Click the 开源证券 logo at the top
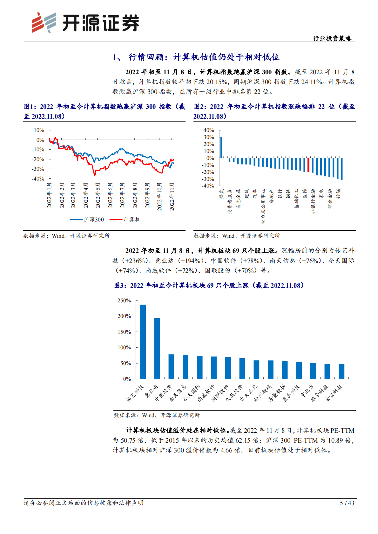click(x=85, y=23)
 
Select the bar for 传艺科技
click(x=143, y=342)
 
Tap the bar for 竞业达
click(x=157, y=348)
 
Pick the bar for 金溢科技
click(x=341, y=371)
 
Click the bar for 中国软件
click(x=171, y=366)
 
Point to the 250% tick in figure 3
click(x=124, y=300)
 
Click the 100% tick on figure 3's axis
click(x=124, y=347)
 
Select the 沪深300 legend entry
click(x=87, y=220)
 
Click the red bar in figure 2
click(x=308, y=165)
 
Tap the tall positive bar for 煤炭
click(x=221, y=147)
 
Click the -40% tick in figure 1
click(x=38, y=179)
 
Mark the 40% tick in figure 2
click(x=209, y=130)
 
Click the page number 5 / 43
click(x=347, y=503)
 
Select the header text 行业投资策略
click(x=332, y=38)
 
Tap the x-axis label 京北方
click(x=307, y=391)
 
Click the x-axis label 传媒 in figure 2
click(x=338, y=194)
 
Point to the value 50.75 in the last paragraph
click(x=128, y=440)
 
